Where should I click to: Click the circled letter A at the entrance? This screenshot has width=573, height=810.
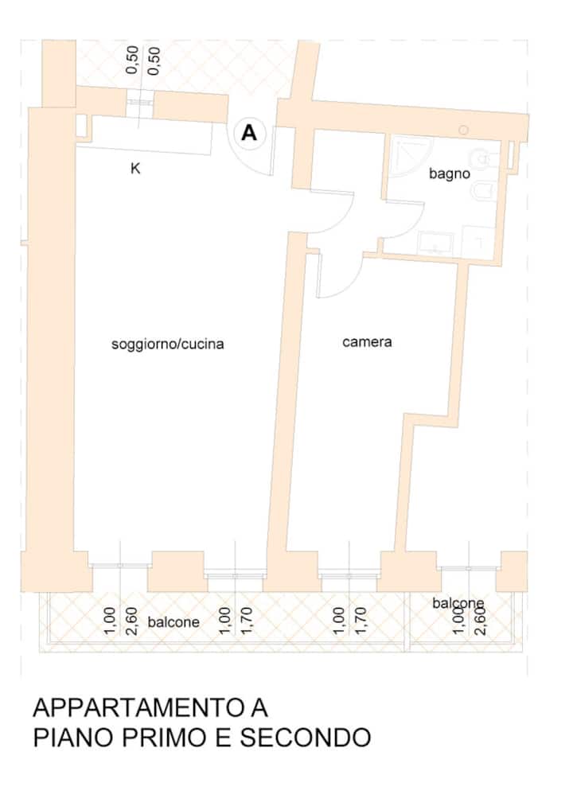coord(249,134)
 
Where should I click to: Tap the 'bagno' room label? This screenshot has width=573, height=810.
coord(450,173)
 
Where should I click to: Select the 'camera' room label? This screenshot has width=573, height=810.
coord(367,342)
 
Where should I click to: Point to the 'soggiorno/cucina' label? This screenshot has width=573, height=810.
coord(168,344)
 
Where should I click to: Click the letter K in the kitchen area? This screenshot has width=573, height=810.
coord(135,169)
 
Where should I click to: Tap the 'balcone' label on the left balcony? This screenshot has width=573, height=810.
coord(173,622)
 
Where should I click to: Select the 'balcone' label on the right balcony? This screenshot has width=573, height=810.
coord(458,603)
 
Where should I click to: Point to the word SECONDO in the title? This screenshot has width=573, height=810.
coord(306,738)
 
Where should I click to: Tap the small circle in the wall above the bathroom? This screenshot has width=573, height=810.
coord(463,130)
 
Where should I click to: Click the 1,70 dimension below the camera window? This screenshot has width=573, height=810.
coord(361,621)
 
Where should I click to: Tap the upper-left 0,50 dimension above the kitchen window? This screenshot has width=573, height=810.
coord(133,60)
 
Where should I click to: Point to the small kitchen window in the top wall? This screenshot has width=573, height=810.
coord(139,103)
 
